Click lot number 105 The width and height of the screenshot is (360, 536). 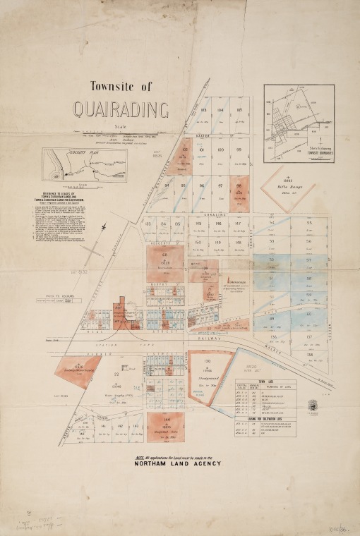point(240,111)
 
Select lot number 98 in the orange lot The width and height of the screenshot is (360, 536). point(239,186)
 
